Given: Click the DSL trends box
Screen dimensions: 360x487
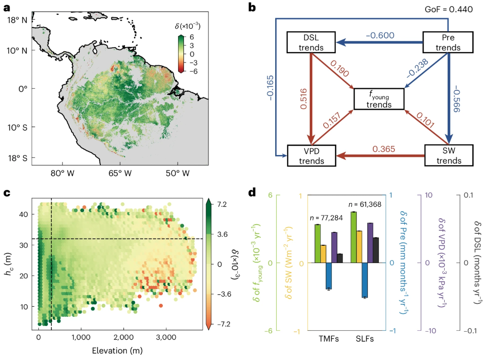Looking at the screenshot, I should click(311, 42).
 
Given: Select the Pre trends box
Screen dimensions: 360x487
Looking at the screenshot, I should click(448, 42).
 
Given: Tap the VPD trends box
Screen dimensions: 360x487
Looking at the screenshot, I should click(311, 155).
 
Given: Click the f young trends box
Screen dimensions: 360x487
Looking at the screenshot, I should click(379, 98).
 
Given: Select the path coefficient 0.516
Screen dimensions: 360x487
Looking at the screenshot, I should click(304, 98).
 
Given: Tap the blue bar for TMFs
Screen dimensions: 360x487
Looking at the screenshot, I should click(329, 276).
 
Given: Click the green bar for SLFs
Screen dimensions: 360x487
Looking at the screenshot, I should click(354, 237).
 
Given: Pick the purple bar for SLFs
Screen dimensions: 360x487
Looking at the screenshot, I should click(370, 243).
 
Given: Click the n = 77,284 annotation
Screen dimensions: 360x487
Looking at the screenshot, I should click(330, 217).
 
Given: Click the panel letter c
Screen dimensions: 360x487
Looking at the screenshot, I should click(7, 194).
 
